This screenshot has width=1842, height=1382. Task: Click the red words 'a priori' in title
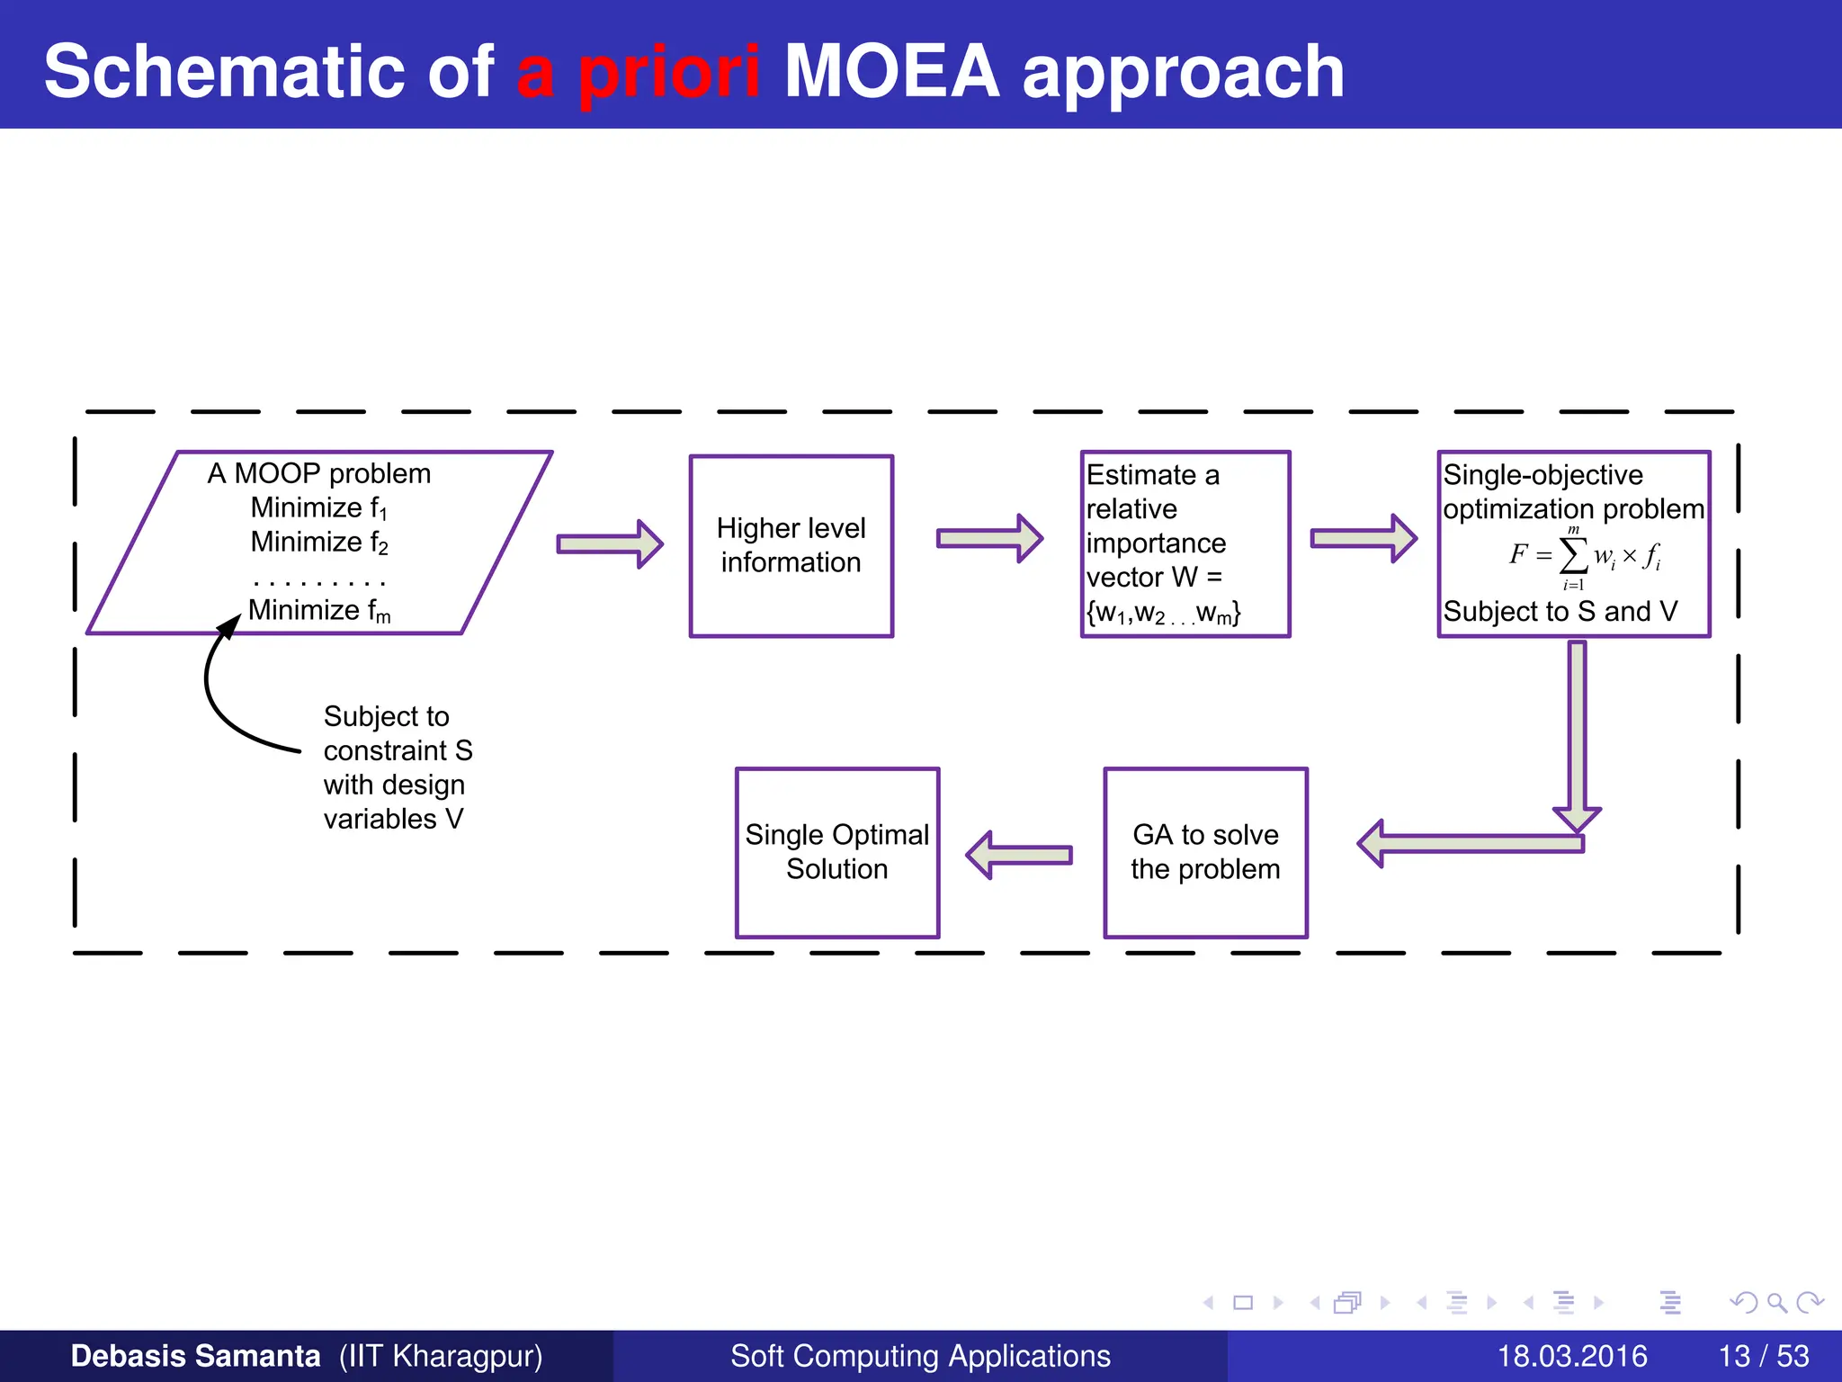click(x=638, y=72)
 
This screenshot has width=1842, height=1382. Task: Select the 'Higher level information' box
click(x=791, y=545)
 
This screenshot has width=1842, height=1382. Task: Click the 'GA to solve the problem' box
click(x=1204, y=851)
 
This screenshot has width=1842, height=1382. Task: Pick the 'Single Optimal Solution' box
click(x=836, y=851)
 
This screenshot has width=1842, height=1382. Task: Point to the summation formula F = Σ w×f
click(x=1583, y=556)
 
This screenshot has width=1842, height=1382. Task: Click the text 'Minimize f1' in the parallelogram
click(x=318, y=508)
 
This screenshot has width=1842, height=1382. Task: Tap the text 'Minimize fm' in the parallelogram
click(x=318, y=611)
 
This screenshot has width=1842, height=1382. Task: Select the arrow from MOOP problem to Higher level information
click(x=609, y=543)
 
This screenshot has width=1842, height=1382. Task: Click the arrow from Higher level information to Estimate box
click(x=988, y=538)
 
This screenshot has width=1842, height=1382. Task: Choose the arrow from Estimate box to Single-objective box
click(x=1362, y=538)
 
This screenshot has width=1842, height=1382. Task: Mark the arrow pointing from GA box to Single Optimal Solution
click(x=1019, y=854)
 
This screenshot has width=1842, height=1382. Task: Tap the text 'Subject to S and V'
click(x=1560, y=612)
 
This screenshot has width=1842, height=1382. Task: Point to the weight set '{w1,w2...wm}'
click(x=1163, y=614)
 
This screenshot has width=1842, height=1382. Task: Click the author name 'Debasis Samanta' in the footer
click(x=195, y=1356)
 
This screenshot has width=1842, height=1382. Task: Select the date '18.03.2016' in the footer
click(x=1571, y=1356)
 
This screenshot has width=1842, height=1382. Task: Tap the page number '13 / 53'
click(x=1763, y=1356)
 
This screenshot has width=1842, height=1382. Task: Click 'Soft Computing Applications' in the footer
click(x=920, y=1356)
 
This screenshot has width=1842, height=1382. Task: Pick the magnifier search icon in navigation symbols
click(x=1776, y=1303)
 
